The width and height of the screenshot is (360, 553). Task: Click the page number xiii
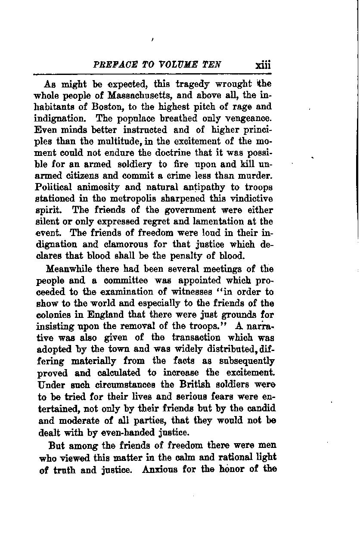click(x=263, y=65)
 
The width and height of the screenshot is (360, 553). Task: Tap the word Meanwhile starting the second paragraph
click(x=71, y=270)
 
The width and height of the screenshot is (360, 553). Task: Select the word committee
click(x=126, y=281)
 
